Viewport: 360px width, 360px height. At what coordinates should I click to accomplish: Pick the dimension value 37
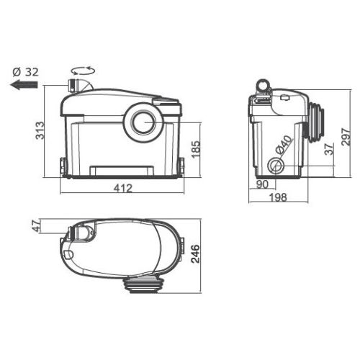pyautogui.click(x=327, y=150)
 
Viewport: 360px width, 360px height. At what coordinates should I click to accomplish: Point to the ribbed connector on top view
pyautogui.click(x=148, y=284)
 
